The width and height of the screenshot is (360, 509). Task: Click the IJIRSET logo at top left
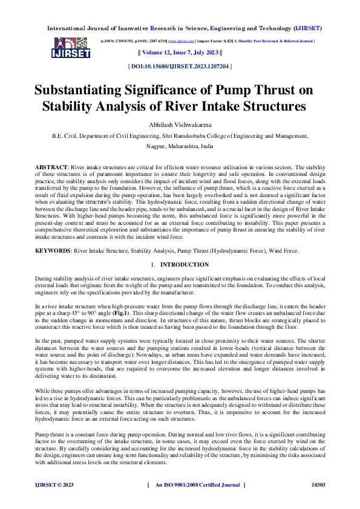click(72, 48)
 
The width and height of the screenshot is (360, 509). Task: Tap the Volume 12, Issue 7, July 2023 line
click(180, 53)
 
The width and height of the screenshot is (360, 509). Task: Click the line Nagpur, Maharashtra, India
click(180, 146)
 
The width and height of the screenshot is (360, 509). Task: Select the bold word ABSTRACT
click(50, 165)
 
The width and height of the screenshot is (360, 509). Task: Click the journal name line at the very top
click(180, 28)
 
